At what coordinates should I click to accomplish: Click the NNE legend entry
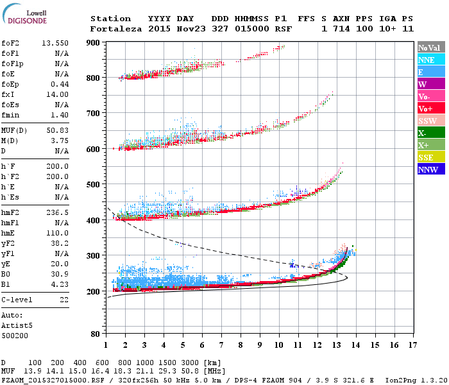click(x=426, y=60)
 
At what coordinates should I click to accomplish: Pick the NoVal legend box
click(x=428, y=47)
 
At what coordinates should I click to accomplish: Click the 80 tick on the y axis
click(x=95, y=334)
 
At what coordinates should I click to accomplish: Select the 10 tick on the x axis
click(x=279, y=346)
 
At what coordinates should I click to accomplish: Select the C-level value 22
click(x=64, y=300)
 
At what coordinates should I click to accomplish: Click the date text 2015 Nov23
click(x=170, y=29)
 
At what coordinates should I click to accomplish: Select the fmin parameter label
click(x=12, y=114)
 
